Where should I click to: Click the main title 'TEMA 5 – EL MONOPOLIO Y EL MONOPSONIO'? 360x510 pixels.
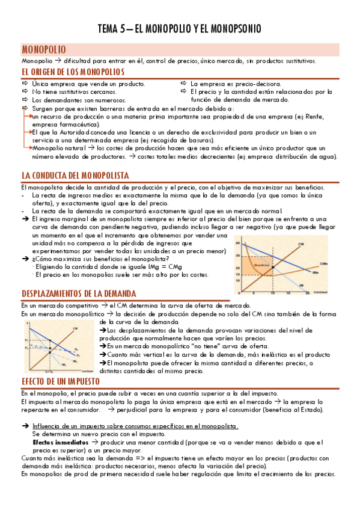pos(180,29)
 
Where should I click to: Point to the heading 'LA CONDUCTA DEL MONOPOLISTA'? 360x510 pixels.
pos(75,176)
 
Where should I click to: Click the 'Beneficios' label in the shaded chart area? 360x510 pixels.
pos(261,247)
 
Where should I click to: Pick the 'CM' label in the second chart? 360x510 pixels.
pos(76,328)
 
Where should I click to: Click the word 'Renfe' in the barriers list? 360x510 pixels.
pos(322,115)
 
